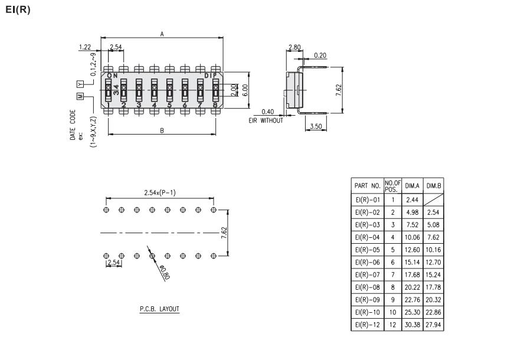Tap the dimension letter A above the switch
(x=162, y=34)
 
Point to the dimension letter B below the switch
(x=162, y=130)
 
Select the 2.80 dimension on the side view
(x=294, y=47)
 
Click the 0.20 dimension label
(x=320, y=55)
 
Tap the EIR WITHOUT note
(x=266, y=121)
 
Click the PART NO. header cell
(x=366, y=185)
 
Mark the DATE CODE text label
(x=73, y=124)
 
